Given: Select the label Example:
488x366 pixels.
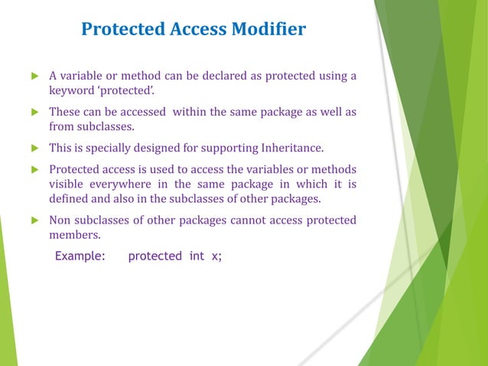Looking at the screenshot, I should point(80,257).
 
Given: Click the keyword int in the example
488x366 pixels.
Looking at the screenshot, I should point(197,257).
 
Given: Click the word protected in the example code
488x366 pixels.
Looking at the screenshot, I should point(155,257).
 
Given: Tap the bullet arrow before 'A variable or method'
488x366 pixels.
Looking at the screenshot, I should point(33,77).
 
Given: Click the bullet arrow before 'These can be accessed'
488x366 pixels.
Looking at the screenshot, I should point(33,113).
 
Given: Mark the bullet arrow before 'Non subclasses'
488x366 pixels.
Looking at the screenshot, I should point(33,221).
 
